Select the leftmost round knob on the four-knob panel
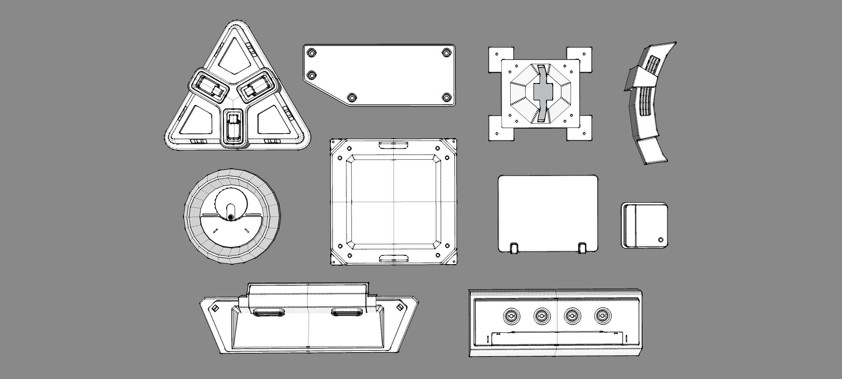tap(511, 316)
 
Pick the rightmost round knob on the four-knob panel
tap(603, 316)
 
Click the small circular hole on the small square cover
tap(660, 240)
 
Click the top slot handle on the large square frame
tap(394, 145)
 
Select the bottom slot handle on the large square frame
tap(394, 258)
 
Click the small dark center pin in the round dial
tap(231, 218)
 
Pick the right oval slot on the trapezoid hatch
tap(347, 312)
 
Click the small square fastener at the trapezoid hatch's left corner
tap(215, 308)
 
